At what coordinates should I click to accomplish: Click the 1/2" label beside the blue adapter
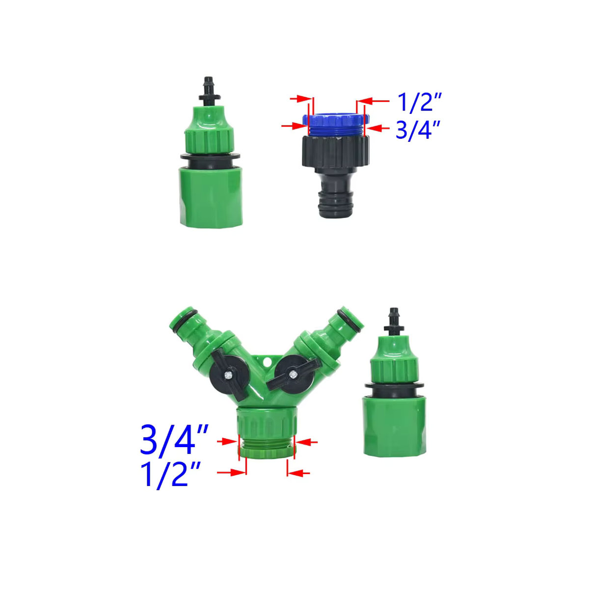point(419,102)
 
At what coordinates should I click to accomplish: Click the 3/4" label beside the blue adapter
point(418,130)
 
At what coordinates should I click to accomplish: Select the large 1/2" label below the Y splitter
point(170,474)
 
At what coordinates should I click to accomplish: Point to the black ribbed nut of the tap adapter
point(336,152)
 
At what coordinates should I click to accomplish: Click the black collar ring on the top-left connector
point(210,161)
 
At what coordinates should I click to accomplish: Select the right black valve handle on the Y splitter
point(294,374)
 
